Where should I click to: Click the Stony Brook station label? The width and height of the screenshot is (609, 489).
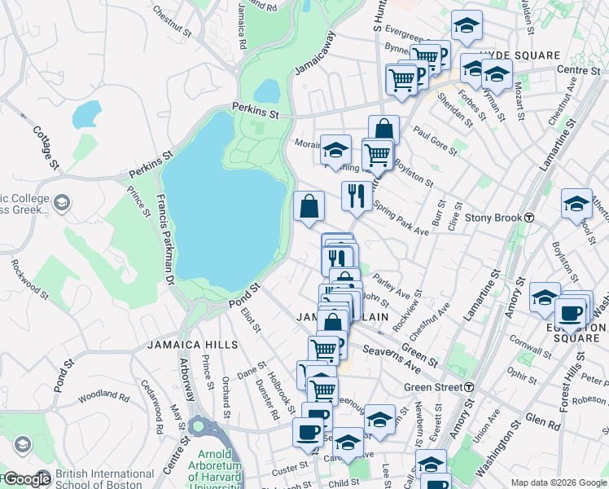tap(493, 218)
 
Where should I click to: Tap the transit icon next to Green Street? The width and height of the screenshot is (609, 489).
tap(469, 387)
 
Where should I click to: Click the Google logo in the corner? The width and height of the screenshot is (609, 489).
tap(26, 478)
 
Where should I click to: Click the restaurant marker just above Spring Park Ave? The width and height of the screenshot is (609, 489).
tap(356, 196)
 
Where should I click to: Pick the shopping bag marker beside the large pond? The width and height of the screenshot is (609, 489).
tap(309, 205)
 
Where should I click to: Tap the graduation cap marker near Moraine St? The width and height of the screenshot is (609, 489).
tap(335, 150)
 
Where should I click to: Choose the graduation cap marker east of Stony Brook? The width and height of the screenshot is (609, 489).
tap(576, 203)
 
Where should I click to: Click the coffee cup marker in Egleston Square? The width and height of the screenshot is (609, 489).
tap(570, 313)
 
